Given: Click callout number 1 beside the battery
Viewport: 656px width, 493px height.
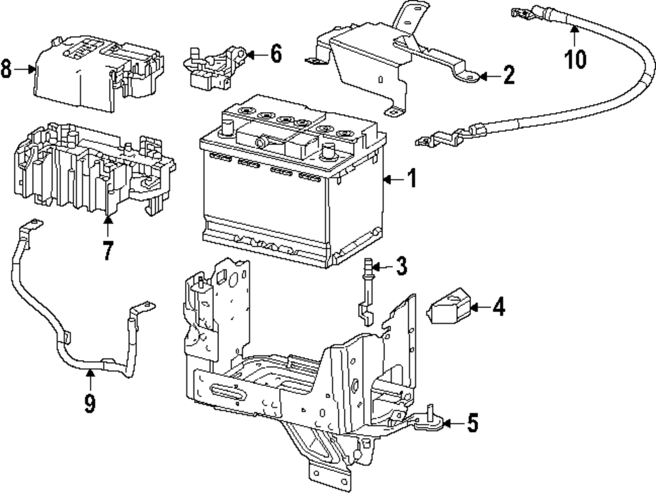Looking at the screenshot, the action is pos(412,179).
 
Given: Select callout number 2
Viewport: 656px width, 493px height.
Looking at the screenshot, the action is pos(508,75).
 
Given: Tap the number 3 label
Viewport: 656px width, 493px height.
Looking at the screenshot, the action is pos(401,266).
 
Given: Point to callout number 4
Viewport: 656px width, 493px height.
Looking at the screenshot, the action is pos(499,307).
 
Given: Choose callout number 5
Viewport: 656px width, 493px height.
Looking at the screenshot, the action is pos(472,423).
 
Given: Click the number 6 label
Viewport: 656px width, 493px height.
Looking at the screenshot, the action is pos(276,54).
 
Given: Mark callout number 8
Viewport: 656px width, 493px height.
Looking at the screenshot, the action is pos(6,69).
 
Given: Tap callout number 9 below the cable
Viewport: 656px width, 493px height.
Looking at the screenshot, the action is pos(90,404).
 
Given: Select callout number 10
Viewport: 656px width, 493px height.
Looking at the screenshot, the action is pos(576,59).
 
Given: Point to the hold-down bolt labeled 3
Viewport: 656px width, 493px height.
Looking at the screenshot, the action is pos(366,292).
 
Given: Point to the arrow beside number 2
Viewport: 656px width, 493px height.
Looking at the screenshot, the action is pos(489,77).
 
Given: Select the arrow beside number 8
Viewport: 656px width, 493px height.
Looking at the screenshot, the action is pos(25,69).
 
